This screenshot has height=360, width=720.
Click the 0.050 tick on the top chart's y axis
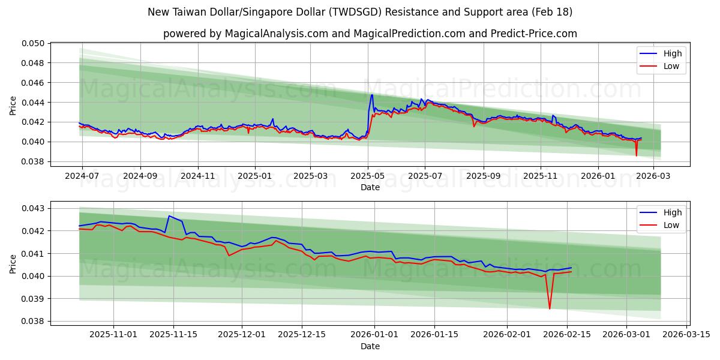[x=35, y=43]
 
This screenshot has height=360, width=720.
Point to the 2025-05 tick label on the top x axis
[x=367, y=177]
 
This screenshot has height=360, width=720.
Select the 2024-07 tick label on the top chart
[x=82, y=177]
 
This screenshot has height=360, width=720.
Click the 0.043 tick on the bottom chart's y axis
[x=35, y=208]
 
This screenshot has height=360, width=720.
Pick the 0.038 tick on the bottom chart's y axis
[x=35, y=321]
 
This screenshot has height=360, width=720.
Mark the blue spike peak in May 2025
[x=371, y=95]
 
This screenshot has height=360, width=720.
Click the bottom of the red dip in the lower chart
[x=550, y=309]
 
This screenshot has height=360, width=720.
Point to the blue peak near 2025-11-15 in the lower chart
[x=169, y=215]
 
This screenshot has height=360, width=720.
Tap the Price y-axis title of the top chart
[x=13, y=104]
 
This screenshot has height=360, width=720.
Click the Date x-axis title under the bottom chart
[x=370, y=346]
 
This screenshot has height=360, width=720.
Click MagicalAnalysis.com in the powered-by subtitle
[x=277, y=34]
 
